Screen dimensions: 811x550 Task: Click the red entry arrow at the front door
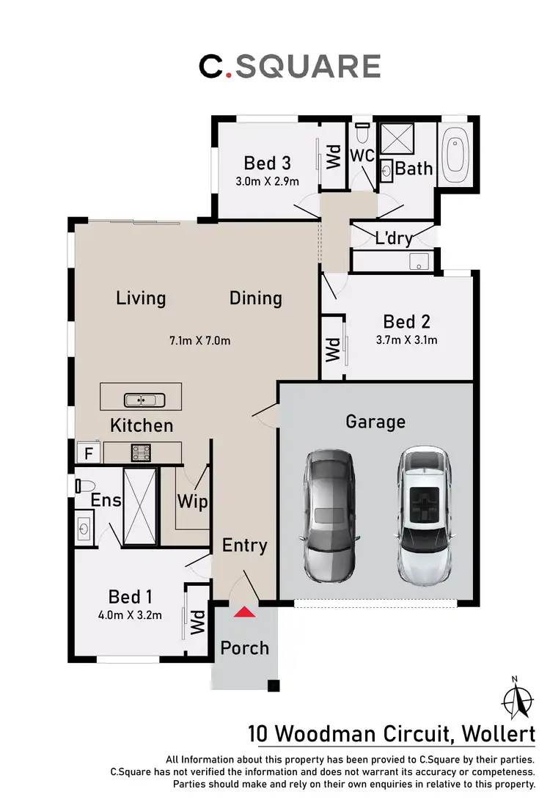click(x=245, y=612)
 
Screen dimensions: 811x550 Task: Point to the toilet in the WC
click(x=361, y=135)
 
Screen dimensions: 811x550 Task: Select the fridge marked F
click(x=89, y=453)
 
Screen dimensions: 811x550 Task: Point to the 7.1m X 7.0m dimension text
click(x=200, y=340)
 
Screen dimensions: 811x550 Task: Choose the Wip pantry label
click(x=192, y=502)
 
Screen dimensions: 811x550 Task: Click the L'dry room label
click(x=393, y=238)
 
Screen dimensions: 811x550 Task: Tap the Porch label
click(x=245, y=648)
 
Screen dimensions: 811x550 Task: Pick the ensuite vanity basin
click(x=84, y=526)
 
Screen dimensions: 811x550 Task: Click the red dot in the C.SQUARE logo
click(x=227, y=74)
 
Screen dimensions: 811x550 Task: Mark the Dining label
click(x=256, y=298)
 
